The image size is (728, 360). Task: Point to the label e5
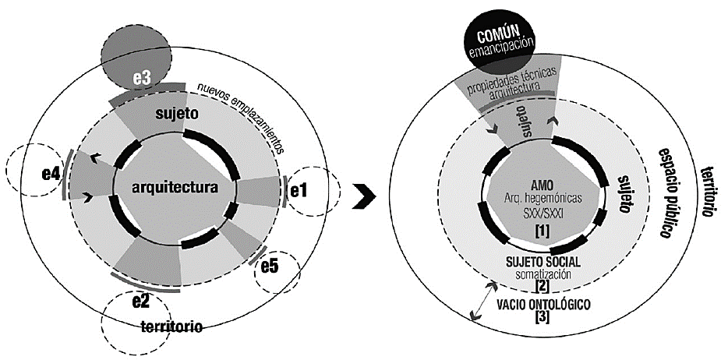pyautogui.click(x=270, y=266)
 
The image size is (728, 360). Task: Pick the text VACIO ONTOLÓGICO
pyautogui.click(x=542, y=303)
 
